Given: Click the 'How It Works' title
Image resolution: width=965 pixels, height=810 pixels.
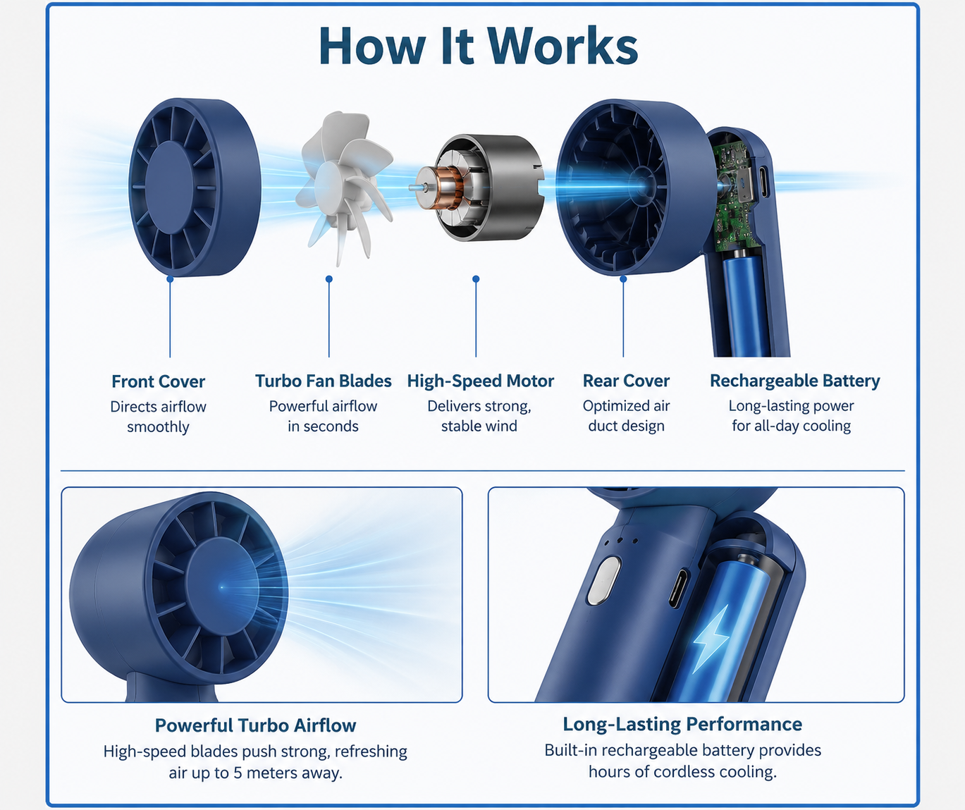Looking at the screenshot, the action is (x=479, y=46).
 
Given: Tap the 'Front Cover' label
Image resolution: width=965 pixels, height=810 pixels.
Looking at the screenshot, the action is (x=158, y=381).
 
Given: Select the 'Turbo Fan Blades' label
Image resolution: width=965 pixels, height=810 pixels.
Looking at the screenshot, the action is (x=323, y=381).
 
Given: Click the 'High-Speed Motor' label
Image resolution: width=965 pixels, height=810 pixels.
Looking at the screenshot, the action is (x=480, y=381).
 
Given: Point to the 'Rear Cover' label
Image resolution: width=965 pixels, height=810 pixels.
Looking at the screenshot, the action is (x=626, y=381).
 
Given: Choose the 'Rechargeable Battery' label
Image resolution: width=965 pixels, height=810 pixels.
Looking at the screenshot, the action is (x=794, y=381).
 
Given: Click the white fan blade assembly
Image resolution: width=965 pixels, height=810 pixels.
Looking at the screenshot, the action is (x=344, y=188).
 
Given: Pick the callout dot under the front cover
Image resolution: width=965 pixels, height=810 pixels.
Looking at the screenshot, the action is (x=170, y=278).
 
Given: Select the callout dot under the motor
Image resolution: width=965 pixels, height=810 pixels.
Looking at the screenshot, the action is (x=476, y=278).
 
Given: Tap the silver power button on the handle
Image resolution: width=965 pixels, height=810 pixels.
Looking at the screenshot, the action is (x=603, y=580).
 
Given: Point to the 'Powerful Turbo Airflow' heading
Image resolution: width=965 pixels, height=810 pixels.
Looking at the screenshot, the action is (x=256, y=725).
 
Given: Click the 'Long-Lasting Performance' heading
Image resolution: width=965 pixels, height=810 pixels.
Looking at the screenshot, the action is (x=682, y=724).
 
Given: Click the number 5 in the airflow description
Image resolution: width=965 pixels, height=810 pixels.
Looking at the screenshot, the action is (x=238, y=773).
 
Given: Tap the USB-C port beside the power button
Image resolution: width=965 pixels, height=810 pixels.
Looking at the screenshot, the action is (x=678, y=589).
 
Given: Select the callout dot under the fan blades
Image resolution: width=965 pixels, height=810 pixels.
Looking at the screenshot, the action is (x=329, y=278).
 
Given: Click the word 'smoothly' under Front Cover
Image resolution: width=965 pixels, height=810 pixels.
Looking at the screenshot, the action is (x=158, y=427).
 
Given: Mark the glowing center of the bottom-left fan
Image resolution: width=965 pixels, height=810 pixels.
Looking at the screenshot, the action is (x=222, y=588).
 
